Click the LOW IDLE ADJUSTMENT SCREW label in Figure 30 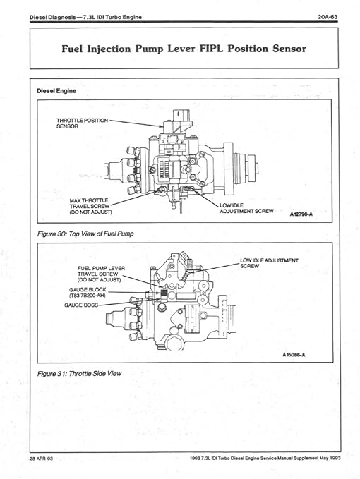point(245,207)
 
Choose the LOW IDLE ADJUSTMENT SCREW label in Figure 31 point(270,263)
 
